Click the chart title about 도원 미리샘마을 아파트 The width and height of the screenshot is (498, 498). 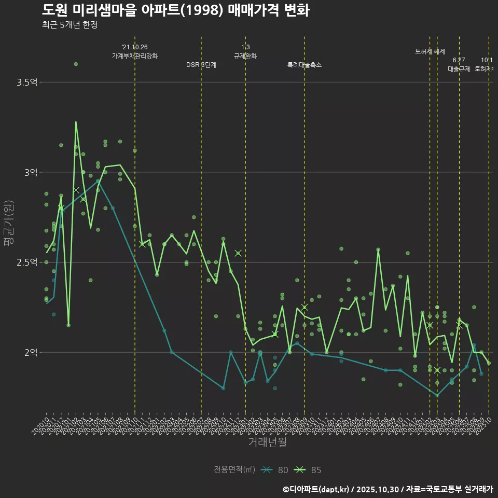175,10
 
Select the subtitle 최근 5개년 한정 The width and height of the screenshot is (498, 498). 70,24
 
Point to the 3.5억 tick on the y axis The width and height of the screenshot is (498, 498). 26,82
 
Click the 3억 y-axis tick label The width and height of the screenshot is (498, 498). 30,172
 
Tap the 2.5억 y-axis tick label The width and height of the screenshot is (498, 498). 26,262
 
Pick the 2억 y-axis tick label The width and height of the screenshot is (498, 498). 30,352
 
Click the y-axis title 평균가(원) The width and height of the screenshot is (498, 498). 9,226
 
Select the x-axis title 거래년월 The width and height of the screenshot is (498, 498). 267,442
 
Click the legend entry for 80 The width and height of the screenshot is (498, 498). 275,470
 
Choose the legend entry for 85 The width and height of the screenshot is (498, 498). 308,470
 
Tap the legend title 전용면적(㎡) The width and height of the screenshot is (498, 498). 234,470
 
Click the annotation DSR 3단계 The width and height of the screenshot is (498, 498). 201,65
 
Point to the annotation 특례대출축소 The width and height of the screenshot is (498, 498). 305,65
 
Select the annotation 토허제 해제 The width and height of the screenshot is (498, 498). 430,51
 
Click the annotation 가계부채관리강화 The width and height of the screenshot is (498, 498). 135,56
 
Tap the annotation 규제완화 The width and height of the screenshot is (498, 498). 245,56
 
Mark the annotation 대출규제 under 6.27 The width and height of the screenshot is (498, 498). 459,69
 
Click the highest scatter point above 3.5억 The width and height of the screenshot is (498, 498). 76,64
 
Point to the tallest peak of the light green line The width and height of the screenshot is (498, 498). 76,122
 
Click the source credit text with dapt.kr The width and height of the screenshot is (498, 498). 388,489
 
